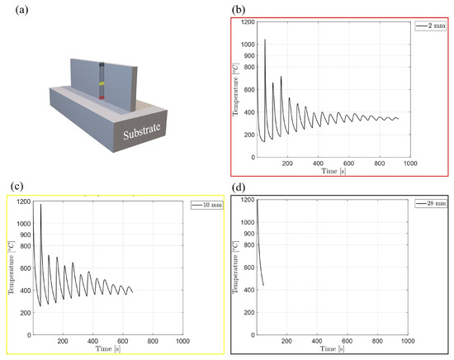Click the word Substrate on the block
pyautogui.click(x=142, y=131)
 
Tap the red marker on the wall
pyautogui.click(x=102, y=97)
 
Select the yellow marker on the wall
pyautogui.click(x=102, y=83)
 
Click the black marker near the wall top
pyautogui.click(x=102, y=65)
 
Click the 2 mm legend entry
pyautogui.click(x=430, y=26)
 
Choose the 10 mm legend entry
pyautogui.click(x=206, y=205)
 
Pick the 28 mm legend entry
pyautogui.click(x=431, y=203)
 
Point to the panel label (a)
pyautogui.click(x=22, y=10)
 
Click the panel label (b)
pyautogui.click(x=239, y=10)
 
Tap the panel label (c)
pyautogui.click(x=17, y=187)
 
